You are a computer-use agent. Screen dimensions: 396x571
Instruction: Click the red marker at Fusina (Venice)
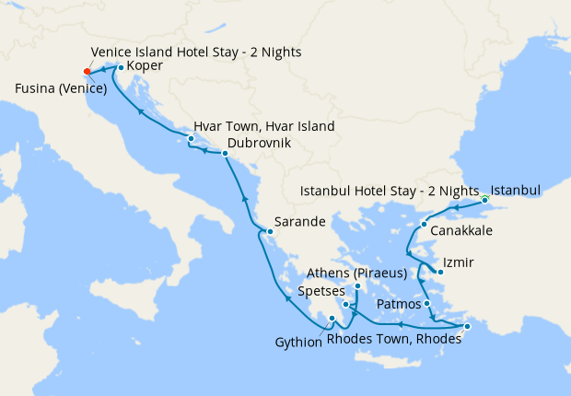click(x=87, y=71)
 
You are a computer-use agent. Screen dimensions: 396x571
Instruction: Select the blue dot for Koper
click(x=121, y=67)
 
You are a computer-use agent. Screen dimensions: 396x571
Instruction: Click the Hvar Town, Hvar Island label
click(x=263, y=126)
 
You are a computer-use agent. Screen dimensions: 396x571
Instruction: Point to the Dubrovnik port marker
click(x=225, y=154)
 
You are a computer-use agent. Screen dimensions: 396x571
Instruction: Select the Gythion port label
click(x=298, y=343)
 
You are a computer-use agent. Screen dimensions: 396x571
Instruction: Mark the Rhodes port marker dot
click(x=467, y=326)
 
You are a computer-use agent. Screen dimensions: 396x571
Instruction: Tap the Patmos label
click(x=400, y=304)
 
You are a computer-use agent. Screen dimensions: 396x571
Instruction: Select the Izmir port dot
click(x=439, y=272)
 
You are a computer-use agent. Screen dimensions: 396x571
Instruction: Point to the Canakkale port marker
click(x=424, y=225)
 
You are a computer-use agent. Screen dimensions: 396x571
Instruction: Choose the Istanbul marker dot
click(x=485, y=198)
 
